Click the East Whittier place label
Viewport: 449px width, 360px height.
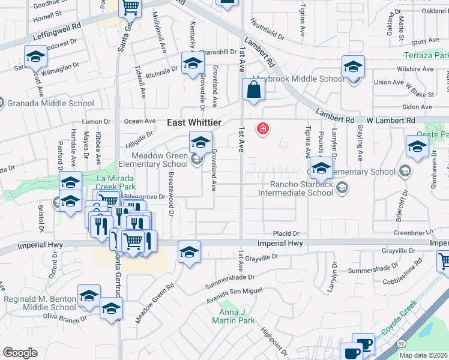pyautogui.click(x=194, y=122)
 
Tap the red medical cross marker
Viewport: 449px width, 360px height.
pyautogui.click(x=262, y=128)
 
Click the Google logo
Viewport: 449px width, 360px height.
pyautogui.click(x=20, y=353)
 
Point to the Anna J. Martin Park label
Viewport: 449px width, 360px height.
pyautogui.click(x=234, y=316)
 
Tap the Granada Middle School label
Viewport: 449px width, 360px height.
pyautogui.click(x=50, y=103)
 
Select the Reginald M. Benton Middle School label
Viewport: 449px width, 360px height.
pyautogui.click(x=40, y=303)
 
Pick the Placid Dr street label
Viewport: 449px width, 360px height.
pyautogui.click(x=286, y=233)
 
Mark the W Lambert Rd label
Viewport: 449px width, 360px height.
pyautogui.click(x=391, y=120)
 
